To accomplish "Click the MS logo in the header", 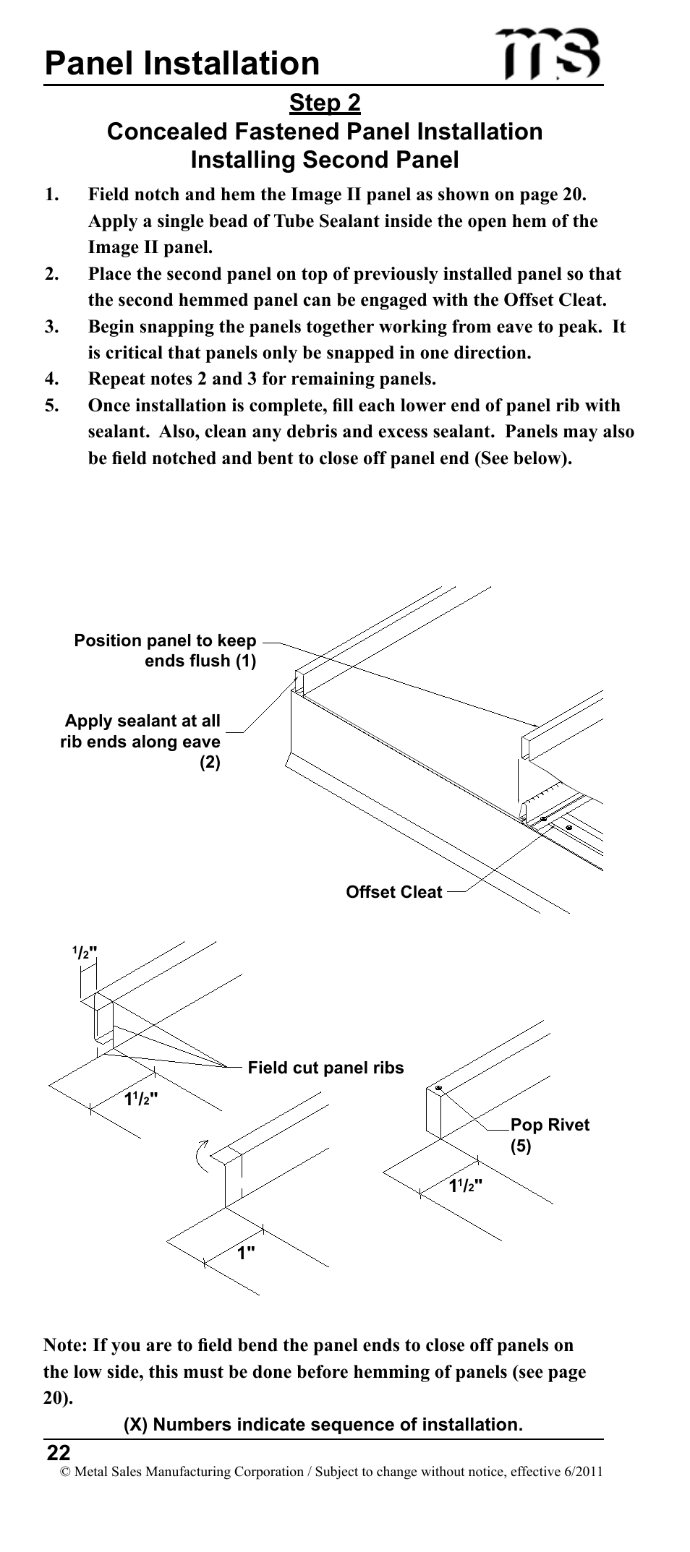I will [552, 55].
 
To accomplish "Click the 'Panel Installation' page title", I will [182, 64].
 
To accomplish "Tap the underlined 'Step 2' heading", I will [325, 103].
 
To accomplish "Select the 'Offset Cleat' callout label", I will [393, 892].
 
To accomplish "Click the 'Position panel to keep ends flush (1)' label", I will [165, 651].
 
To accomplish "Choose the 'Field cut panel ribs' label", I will [325, 1068].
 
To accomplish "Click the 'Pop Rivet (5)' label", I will [550, 1135].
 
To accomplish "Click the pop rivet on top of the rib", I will [438, 1088].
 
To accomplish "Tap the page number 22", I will [59, 1453].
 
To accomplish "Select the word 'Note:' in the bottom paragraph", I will [66, 1345].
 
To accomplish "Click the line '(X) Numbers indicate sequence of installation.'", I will [323, 1425].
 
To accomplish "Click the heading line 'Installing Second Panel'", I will [325, 160].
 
